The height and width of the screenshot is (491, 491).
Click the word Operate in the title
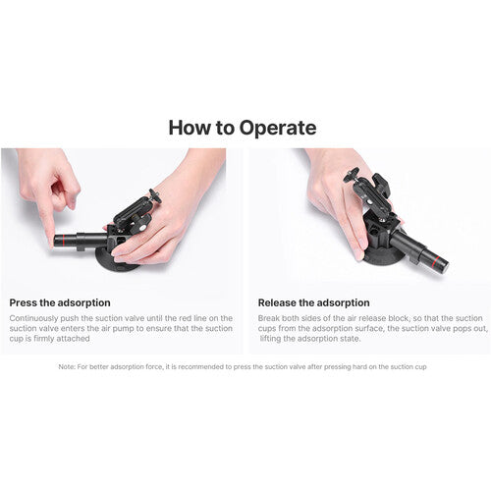point(278,129)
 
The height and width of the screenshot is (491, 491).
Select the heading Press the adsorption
point(60,302)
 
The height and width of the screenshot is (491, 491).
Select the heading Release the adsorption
point(314,302)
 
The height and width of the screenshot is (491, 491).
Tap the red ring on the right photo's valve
point(434,259)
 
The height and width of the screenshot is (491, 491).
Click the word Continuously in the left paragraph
point(33,318)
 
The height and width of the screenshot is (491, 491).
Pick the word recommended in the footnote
point(203,367)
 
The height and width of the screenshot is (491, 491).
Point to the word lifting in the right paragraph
point(270,339)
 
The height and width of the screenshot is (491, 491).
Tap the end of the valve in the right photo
point(445,266)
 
